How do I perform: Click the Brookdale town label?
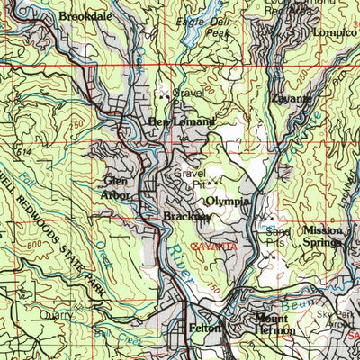pos(86,15)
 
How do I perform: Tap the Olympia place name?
pos(227,201)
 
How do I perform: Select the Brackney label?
pos(187,217)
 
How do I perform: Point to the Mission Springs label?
pos(322,236)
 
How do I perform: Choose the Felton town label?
pos(204,329)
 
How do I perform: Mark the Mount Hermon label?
pos(274,325)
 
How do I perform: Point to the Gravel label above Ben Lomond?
pos(188,92)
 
